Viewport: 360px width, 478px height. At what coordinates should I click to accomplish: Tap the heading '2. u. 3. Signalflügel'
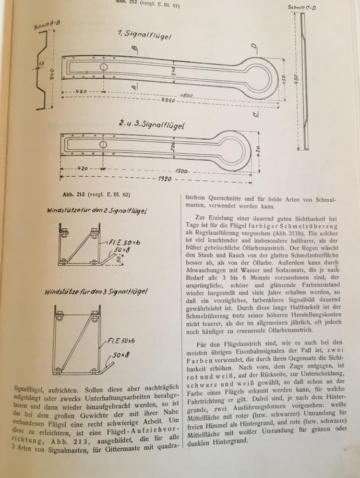(x=151, y=125)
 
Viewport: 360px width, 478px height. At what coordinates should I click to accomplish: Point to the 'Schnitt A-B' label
(x=46, y=25)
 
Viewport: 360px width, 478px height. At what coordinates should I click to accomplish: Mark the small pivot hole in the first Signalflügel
(x=104, y=67)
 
